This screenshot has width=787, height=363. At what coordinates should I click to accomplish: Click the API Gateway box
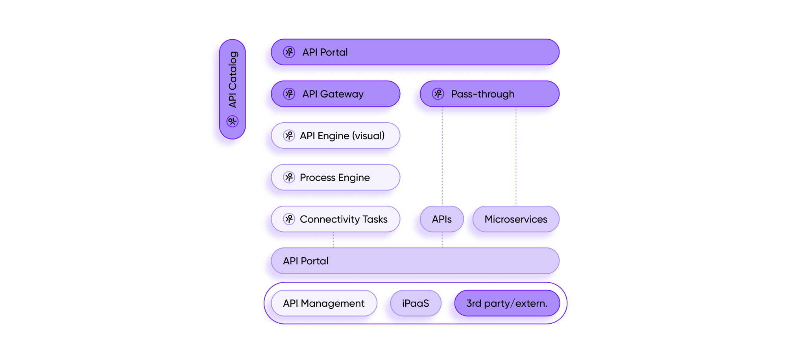click(335, 94)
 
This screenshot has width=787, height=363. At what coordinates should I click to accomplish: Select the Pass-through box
click(490, 94)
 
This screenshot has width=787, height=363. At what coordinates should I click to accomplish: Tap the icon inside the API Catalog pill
click(233, 121)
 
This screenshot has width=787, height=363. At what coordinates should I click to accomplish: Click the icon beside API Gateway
click(289, 94)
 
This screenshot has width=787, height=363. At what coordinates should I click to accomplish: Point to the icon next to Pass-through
click(438, 94)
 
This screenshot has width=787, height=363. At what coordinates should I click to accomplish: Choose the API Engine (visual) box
click(335, 136)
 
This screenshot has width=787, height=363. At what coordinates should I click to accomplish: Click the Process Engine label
click(334, 177)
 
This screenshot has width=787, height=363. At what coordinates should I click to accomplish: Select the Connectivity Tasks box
click(335, 219)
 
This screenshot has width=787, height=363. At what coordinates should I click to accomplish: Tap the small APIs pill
click(442, 219)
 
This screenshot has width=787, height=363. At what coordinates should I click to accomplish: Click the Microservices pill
click(515, 219)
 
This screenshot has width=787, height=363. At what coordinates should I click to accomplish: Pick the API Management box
click(324, 303)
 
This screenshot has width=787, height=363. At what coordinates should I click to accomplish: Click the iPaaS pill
click(416, 303)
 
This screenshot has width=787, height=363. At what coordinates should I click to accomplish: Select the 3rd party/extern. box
click(507, 303)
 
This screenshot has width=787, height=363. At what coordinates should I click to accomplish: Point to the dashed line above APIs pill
click(442, 161)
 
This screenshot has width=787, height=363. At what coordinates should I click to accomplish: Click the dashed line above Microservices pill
click(516, 161)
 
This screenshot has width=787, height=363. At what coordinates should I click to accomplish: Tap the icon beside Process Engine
click(289, 177)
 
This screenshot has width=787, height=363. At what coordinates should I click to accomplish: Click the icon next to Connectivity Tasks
click(289, 219)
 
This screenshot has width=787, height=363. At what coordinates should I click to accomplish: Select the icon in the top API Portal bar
click(289, 52)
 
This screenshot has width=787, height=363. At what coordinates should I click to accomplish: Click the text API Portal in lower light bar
click(306, 261)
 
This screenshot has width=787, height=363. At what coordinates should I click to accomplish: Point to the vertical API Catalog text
click(233, 79)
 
